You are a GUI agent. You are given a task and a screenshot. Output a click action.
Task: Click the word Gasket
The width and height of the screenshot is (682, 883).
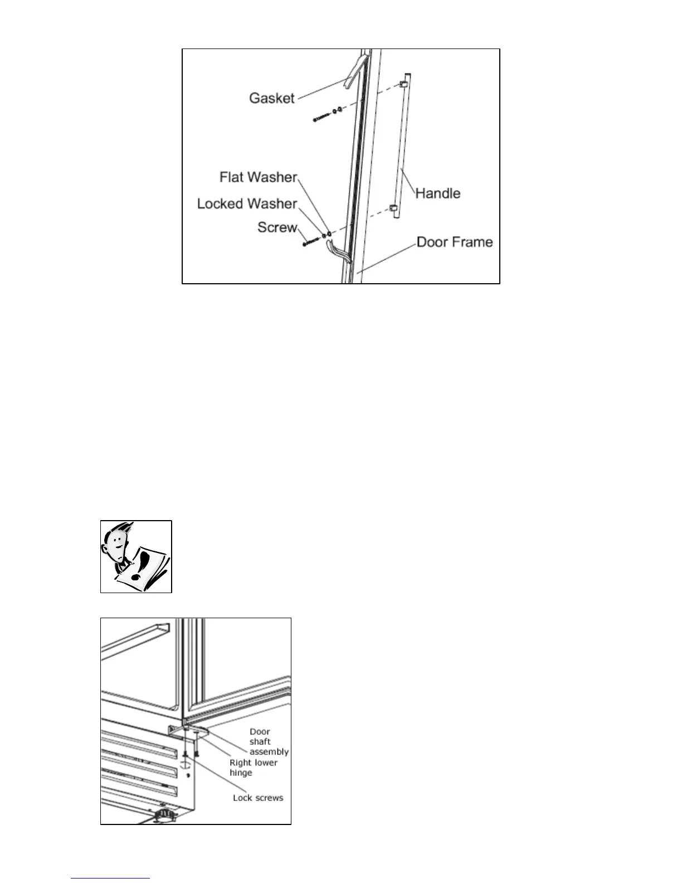[x=271, y=98]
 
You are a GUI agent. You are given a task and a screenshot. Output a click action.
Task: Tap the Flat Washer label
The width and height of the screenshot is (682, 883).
[x=258, y=177]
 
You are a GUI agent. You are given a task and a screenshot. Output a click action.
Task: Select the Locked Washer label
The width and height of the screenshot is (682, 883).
[x=247, y=203]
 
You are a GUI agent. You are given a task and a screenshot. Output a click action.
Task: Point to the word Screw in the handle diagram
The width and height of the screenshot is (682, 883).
[x=277, y=227]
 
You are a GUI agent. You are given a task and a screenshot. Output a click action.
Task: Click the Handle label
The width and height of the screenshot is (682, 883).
[x=438, y=193]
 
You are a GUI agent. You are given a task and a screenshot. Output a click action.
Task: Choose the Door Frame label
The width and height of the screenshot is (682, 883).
[x=455, y=242]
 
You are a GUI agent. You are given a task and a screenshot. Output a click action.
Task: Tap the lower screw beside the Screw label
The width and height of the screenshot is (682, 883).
[x=311, y=242]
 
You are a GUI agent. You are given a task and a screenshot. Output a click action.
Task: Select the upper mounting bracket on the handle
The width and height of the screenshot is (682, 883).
[x=405, y=84]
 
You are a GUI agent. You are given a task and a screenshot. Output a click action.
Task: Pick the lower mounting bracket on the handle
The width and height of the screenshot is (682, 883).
[x=393, y=208]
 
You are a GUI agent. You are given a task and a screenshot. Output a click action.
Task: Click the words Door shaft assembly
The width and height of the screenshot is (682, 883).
[x=269, y=741]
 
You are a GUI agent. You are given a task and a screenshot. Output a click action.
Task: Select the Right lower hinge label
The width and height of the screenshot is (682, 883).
[x=253, y=767]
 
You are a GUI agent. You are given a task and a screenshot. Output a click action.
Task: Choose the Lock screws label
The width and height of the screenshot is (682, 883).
[x=258, y=798]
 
